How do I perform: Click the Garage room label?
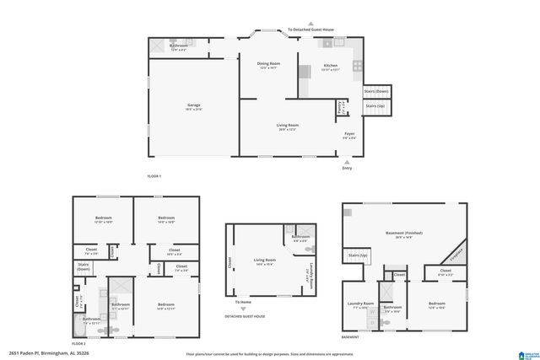pos(194,106)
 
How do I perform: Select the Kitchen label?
pos(331,67)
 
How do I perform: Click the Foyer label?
pos(348,134)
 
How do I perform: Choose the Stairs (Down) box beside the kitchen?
pos(375,91)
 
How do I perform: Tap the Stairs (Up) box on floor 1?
pos(375,106)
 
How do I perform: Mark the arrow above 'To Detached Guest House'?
pos(310,23)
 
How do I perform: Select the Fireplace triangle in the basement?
pos(456,252)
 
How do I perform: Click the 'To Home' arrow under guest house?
pos(244,309)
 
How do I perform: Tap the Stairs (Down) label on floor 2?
pos(84,267)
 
